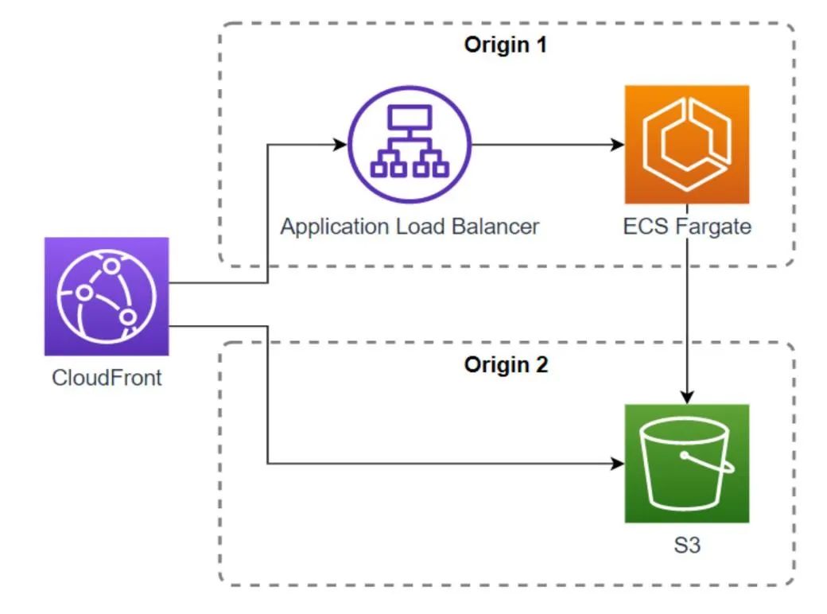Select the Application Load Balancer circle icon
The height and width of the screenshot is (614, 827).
[x=410, y=146]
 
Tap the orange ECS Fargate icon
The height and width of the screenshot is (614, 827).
[x=686, y=145]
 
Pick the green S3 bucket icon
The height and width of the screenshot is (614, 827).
[x=686, y=463]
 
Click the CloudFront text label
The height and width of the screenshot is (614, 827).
[x=107, y=377]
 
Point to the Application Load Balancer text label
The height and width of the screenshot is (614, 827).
[x=410, y=226]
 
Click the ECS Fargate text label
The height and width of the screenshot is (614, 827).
[x=687, y=227]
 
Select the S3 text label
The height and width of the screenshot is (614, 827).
[x=686, y=547]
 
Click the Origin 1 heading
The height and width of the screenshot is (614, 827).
[x=505, y=45]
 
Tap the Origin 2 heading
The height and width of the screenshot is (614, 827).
[x=505, y=366]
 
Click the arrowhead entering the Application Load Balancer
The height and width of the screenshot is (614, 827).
[x=341, y=146]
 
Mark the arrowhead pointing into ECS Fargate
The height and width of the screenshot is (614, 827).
[x=617, y=146]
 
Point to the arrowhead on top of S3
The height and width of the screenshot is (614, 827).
[x=687, y=397]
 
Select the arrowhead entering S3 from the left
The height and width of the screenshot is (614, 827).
[x=617, y=463]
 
